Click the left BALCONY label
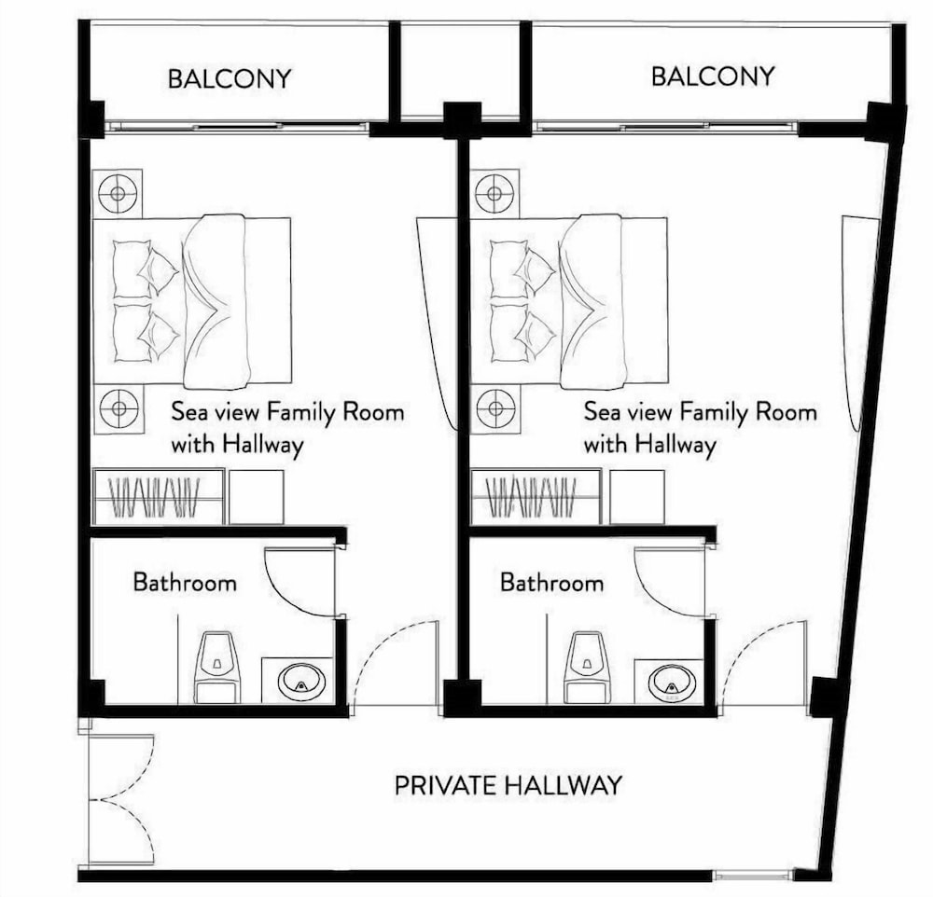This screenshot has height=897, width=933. tap(230, 78)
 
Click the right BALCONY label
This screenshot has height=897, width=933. tap(713, 76)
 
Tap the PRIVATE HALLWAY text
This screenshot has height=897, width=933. tap(508, 786)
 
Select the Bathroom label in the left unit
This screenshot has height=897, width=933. tap(185, 582)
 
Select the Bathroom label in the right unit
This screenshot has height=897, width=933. tap(551, 582)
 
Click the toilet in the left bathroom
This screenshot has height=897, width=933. tap(218, 666)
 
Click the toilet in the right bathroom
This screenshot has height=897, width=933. tap(587, 666)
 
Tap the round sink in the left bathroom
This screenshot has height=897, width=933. tap(302, 683)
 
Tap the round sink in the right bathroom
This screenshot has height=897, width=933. tap(672, 682)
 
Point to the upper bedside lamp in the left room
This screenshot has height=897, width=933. tap(118, 193)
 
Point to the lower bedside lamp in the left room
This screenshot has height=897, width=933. tap(119, 408)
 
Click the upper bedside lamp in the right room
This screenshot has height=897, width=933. tap(494, 194)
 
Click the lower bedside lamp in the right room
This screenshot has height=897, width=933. tap(495, 408)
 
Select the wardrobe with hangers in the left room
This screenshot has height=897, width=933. tap(159, 497)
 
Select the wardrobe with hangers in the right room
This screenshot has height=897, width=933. tap(536, 497)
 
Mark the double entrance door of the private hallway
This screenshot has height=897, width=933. tap(122, 798)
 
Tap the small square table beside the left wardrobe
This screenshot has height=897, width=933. tap(256, 497)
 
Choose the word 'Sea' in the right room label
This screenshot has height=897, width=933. tap(602, 411)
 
